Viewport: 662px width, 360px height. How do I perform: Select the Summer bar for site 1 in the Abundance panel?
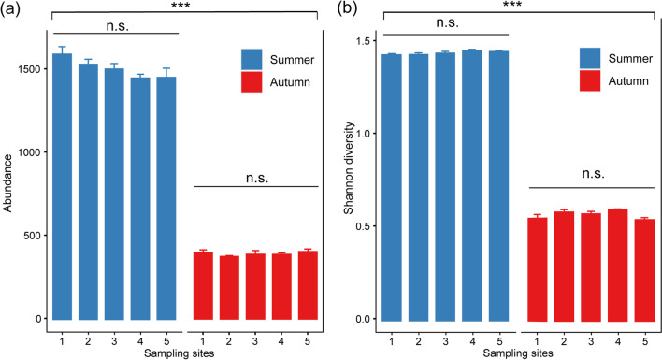[x=62, y=187]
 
